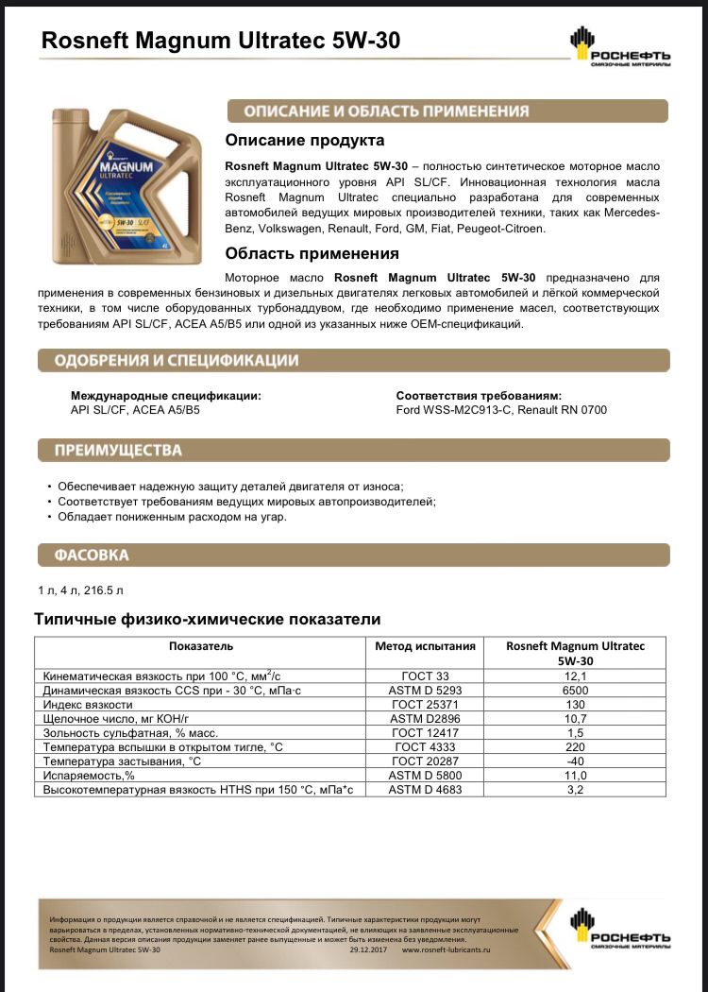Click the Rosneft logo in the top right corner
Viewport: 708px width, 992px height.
pos(619,47)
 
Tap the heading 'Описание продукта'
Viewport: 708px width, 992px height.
pos(304,141)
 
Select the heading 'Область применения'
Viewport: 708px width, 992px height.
pos(312,254)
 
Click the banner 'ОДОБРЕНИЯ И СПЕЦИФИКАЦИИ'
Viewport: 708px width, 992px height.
pos(177,361)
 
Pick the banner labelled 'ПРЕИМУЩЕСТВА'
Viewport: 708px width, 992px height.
pos(119,451)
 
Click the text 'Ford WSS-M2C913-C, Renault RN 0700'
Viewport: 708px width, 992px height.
pos(501,410)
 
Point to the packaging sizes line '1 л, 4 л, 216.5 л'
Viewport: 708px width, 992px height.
pos(80,590)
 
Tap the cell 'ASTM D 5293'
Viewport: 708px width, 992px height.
pos(424,691)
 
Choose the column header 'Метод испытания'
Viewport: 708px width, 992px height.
pos(424,646)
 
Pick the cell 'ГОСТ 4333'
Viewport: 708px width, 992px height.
pos(424,746)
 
